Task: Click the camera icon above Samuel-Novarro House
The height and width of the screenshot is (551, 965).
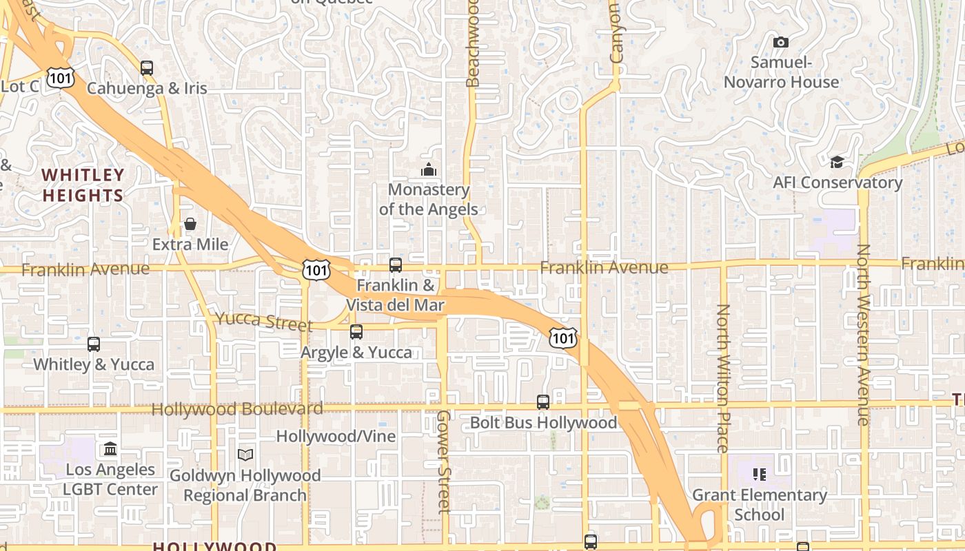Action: [780, 42]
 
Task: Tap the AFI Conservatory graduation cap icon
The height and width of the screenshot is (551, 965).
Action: [837, 162]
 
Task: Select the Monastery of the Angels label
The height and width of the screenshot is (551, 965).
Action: [428, 199]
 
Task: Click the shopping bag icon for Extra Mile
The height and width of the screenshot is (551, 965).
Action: [190, 224]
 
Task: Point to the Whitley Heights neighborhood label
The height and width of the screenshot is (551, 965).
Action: [83, 185]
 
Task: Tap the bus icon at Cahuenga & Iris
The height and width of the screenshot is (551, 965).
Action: [147, 67]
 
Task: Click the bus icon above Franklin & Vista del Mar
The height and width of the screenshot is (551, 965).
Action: [396, 264]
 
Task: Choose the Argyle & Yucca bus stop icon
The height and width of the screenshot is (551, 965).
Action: [356, 332]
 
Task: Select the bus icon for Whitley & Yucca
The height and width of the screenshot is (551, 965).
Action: [94, 344]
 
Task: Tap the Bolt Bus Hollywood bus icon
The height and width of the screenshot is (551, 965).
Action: [543, 402]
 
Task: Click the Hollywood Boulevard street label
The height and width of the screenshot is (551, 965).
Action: [237, 409]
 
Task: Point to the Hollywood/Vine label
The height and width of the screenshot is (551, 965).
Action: [336, 436]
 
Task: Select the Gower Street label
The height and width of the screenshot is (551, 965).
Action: [444, 461]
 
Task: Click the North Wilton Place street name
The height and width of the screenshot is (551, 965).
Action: [722, 378]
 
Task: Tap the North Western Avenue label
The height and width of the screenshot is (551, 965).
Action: [864, 335]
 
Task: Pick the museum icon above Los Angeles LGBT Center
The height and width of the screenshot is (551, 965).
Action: [110, 449]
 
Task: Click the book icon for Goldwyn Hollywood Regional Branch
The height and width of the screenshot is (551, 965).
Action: [245, 455]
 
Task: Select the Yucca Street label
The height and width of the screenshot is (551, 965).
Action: [263, 321]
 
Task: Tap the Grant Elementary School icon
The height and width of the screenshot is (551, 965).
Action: [760, 474]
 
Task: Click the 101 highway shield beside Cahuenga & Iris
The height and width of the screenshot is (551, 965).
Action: [61, 78]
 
